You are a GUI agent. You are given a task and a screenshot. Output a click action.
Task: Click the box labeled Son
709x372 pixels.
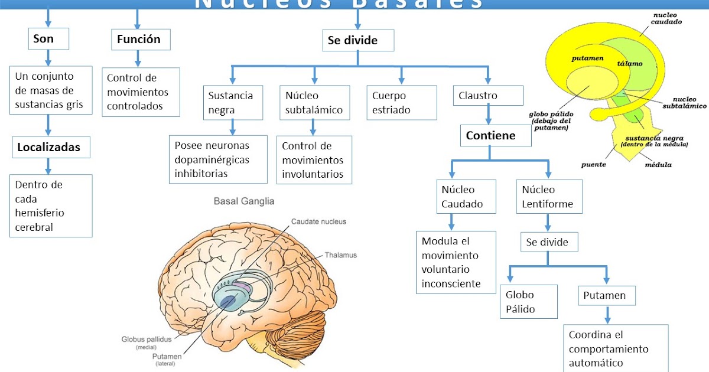(x=48, y=39)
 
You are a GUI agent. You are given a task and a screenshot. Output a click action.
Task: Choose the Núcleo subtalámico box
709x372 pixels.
(x=314, y=103)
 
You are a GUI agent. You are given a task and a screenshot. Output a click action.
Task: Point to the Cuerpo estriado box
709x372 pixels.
(x=401, y=103)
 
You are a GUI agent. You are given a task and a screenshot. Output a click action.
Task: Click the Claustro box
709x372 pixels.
(x=489, y=95)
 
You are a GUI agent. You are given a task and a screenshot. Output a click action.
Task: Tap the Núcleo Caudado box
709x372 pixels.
(x=463, y=197)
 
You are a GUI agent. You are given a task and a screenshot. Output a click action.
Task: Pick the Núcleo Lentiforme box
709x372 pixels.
(x=549, y=197)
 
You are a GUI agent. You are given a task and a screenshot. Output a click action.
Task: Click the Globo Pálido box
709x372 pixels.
(x=529, y=302)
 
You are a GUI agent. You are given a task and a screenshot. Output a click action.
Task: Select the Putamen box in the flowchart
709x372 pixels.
(x=606, y=295)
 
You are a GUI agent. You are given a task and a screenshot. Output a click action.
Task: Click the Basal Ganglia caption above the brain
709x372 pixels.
(x=243, y=201)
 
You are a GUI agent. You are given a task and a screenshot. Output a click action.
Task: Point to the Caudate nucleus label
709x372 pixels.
(x=318, y=221)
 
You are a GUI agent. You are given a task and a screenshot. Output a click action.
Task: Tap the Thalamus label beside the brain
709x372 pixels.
(x=340, y=256)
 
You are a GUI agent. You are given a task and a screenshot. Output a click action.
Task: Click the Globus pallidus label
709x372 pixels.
(x=147, y=340)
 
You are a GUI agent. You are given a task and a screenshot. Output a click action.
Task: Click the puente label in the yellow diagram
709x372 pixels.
(x=593, y=164)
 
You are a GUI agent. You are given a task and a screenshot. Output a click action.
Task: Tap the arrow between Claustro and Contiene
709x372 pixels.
(x=489, y=115)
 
